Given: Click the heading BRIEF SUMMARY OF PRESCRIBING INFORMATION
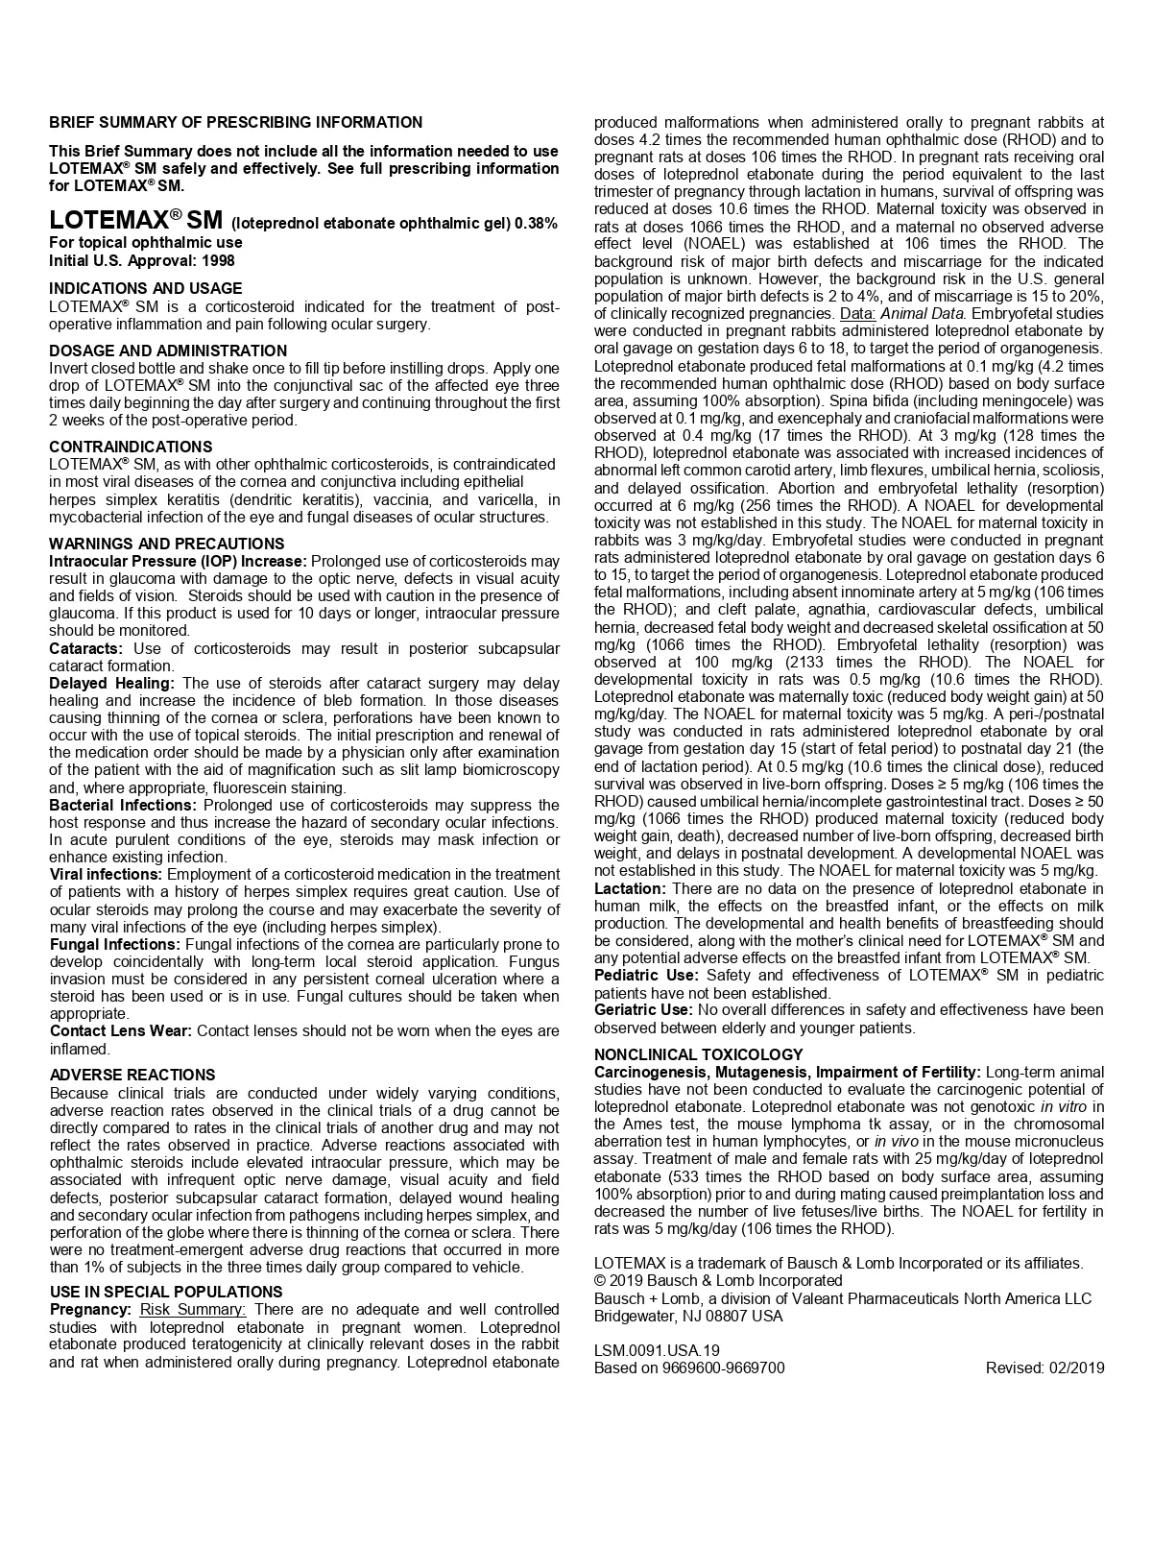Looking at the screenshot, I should pos(235,123).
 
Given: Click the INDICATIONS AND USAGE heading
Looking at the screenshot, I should pos(146,288).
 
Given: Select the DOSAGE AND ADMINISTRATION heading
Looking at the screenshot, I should pos(168,351).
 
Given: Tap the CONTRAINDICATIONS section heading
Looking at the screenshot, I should pos(131,447).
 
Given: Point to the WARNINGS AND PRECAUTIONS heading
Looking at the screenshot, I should pos(167,544).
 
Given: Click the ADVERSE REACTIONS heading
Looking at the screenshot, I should pos(132,1075).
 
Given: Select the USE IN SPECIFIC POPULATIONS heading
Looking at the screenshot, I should pos(166,1292).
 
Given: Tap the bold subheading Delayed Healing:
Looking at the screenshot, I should pos(111,683).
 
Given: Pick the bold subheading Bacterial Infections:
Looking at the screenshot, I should pos(123,805).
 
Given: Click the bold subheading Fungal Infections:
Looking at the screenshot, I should pos(114,944).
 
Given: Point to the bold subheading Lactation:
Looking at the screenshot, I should pos(629,889).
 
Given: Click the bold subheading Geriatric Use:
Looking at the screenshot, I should pos(642,1010).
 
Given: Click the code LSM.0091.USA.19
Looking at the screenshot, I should pos(657,1350).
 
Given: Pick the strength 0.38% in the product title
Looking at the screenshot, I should pos(536,224).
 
